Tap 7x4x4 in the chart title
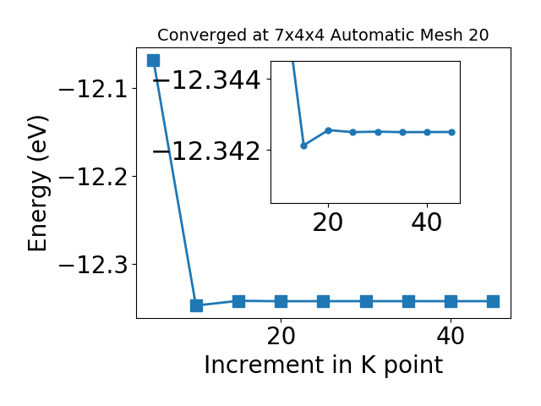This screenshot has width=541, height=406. tap(299, 36)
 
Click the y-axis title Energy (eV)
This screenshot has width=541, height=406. tap(37, 184)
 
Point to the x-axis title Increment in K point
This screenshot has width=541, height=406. tap(324, 365)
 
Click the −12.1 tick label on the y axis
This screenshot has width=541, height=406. tap(93, 89)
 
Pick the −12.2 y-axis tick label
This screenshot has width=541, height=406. tap(93, 177)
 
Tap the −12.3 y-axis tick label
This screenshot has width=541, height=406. tap(93, 265)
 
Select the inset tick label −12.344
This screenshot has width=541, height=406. tap(206, 80)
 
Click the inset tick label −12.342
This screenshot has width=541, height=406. tap(206, 151)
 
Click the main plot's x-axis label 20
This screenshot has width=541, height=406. tap(281, 336)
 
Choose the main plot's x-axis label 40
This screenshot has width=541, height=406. tap(451, 336)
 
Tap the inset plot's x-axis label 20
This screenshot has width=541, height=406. tap(328, 222)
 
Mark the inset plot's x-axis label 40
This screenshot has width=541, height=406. tap(427, 222)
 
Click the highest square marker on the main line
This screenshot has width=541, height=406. tap(154, 60)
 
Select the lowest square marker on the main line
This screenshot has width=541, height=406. tap(196, 305)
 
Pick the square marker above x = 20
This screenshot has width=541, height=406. tap(281, 301)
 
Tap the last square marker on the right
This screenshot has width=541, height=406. tap(493, 301)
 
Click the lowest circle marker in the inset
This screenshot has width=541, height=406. tap(303, 145)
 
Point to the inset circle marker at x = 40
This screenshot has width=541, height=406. tap(427, 132)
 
